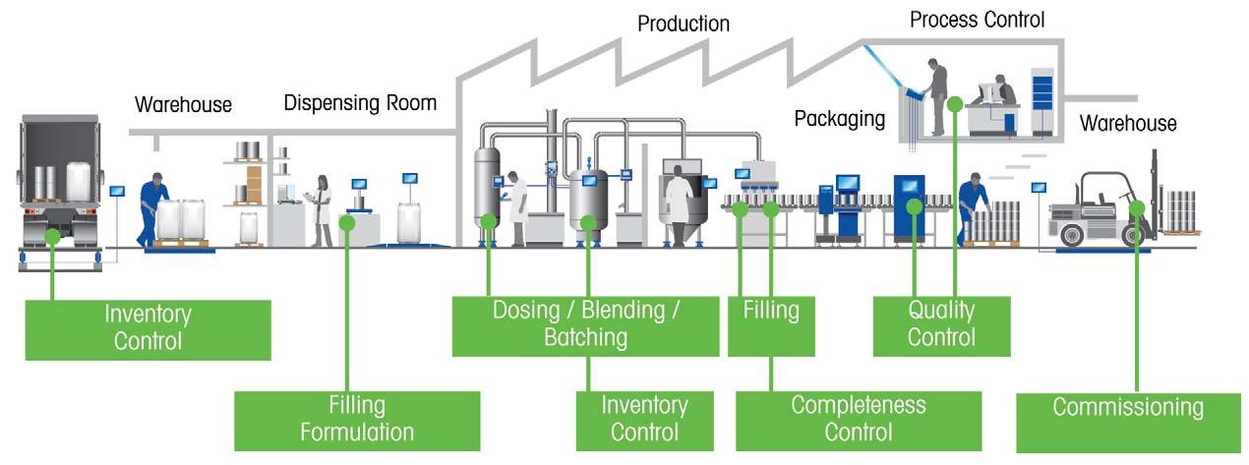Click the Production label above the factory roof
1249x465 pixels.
click(684, 23)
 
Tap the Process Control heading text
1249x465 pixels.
click(977, 19)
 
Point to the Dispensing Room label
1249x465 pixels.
click(360, 102)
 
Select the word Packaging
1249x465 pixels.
click(839, 119)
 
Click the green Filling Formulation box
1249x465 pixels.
click(357, 419)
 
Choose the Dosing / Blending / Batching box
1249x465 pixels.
click(588, 324)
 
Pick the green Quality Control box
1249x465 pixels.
click(941, 324)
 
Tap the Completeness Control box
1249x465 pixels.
click(858, 419)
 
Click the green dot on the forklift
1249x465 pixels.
click(1137, 207)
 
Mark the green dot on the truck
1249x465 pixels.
click(52, 236)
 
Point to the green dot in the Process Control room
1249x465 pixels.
click(955, 102)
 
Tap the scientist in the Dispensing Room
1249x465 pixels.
click(322, 209)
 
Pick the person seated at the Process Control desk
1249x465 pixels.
click(1003, 95)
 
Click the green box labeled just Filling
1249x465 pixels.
click(771, 324)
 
